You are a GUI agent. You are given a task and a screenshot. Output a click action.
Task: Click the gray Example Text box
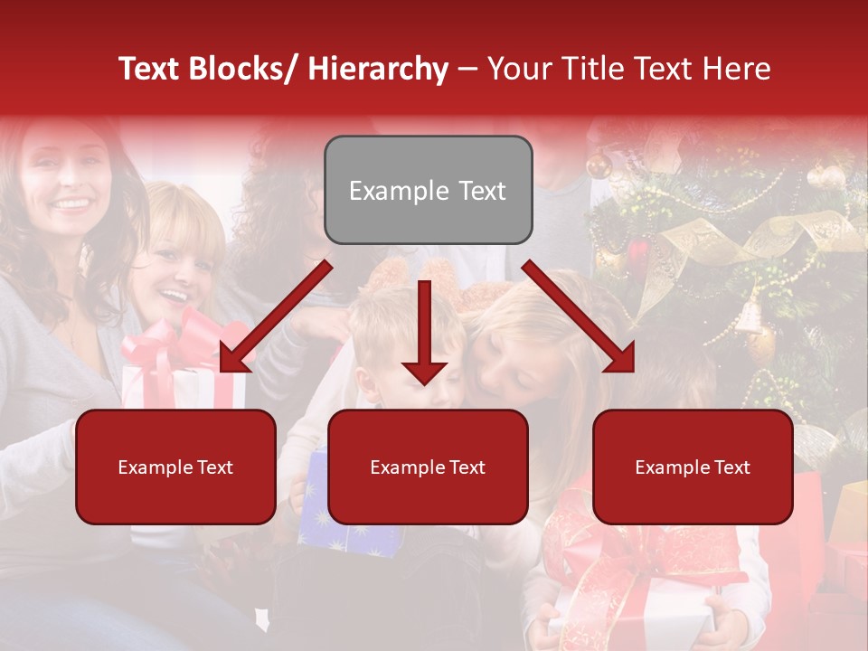pyautogui.click(x=428, y=191)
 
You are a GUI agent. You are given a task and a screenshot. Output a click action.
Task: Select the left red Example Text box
pyautogui.click(x=175, y=467)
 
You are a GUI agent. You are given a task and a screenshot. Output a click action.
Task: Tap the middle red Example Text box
pyautogui.click(x=428, y=467)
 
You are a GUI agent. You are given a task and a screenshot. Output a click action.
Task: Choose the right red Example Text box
pyautogui.click(x=693, y=467)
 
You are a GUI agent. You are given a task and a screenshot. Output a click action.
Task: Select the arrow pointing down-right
pyautogui.click(x=579, y=316)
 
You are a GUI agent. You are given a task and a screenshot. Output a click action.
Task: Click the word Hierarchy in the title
pyautogui.click(x=378, y=69)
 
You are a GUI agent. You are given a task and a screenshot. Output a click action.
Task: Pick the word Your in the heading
pyautogui.click(x=518, y=69)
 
